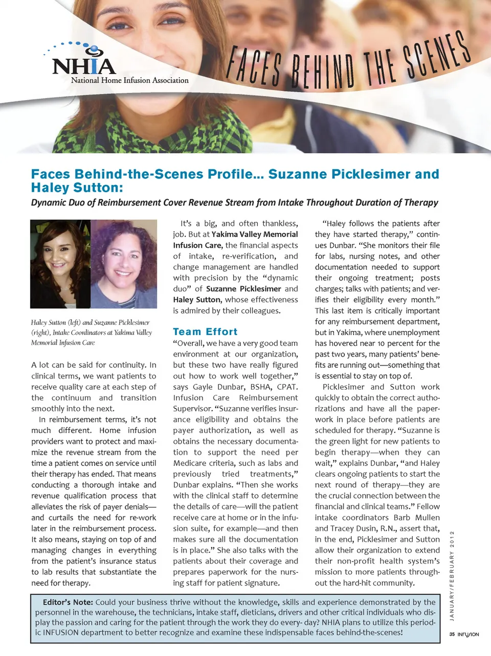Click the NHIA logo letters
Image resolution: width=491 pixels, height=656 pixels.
point(84,66)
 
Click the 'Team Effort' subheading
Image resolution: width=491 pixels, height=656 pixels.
point(205,332)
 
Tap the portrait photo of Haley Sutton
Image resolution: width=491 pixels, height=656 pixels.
point(60,264)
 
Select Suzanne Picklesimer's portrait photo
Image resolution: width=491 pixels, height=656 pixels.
point(124,264)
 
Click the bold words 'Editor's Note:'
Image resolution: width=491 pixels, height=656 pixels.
point(68,602)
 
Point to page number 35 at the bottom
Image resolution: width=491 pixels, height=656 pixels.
point(452,635)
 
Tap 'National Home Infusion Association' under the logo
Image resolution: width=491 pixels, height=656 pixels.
point(129,80)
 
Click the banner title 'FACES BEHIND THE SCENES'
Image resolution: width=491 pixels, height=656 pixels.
point(348,64)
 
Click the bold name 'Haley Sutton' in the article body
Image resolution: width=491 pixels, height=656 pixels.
point(197,300)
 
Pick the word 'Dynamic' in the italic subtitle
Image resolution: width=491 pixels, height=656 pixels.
point(49,202)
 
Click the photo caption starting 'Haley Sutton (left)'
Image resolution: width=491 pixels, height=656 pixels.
point(91,332)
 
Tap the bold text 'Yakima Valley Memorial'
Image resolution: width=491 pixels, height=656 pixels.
point(255,235)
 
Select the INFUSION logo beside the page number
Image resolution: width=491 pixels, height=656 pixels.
point(468,635)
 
